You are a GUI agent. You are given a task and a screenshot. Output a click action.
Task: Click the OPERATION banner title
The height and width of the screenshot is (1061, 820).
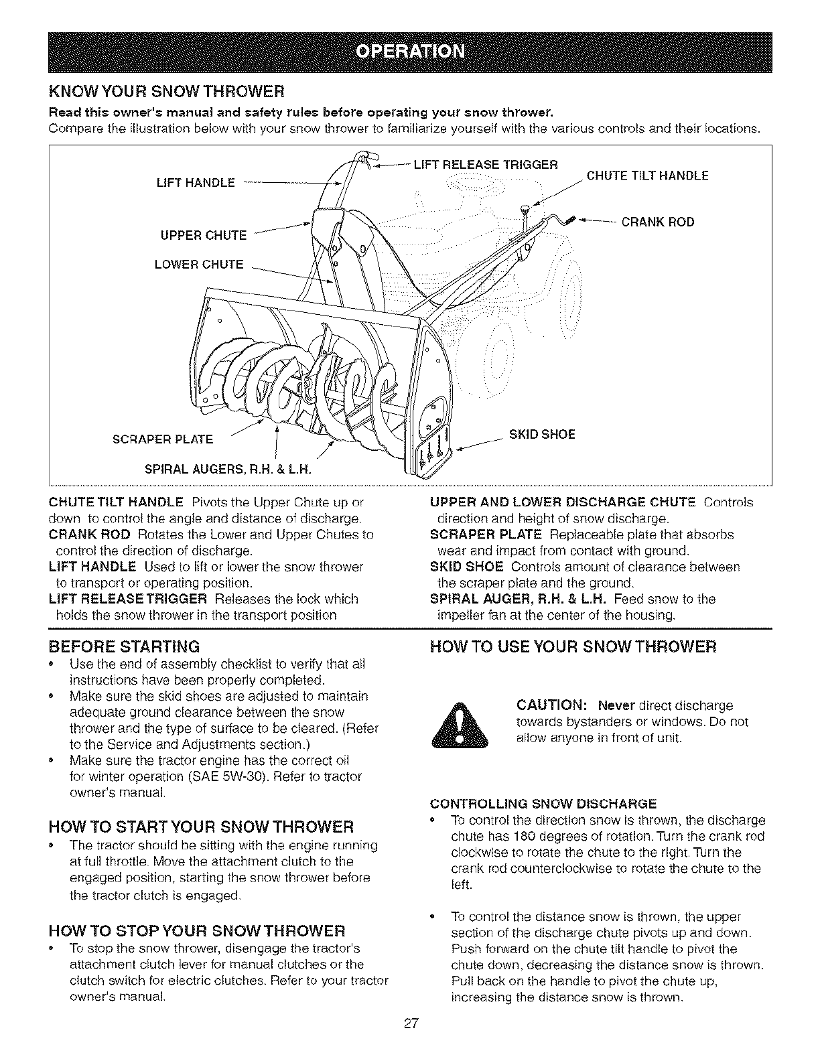tap(410, 52)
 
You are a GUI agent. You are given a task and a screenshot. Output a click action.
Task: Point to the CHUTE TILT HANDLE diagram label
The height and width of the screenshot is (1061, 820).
tap(647, 176)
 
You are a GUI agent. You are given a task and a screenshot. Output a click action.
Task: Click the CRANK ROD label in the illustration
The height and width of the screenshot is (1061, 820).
tap(658, 222)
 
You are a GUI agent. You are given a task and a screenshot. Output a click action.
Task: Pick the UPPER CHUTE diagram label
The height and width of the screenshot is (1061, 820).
tap(202, 235)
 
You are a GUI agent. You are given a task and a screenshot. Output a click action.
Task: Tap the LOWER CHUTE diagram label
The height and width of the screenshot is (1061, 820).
tap(199, 264)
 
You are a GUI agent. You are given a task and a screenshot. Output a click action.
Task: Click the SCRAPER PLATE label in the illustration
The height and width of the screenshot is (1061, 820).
tap(163, 439)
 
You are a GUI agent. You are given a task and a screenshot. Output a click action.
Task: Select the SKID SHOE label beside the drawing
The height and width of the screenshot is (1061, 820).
tap(542, 434)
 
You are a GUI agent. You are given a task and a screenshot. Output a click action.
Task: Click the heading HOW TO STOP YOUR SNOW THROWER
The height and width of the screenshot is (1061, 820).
tap(198, 930)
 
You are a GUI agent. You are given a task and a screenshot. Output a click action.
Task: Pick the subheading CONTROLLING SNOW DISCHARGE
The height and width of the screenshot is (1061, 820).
tap(543, 803)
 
